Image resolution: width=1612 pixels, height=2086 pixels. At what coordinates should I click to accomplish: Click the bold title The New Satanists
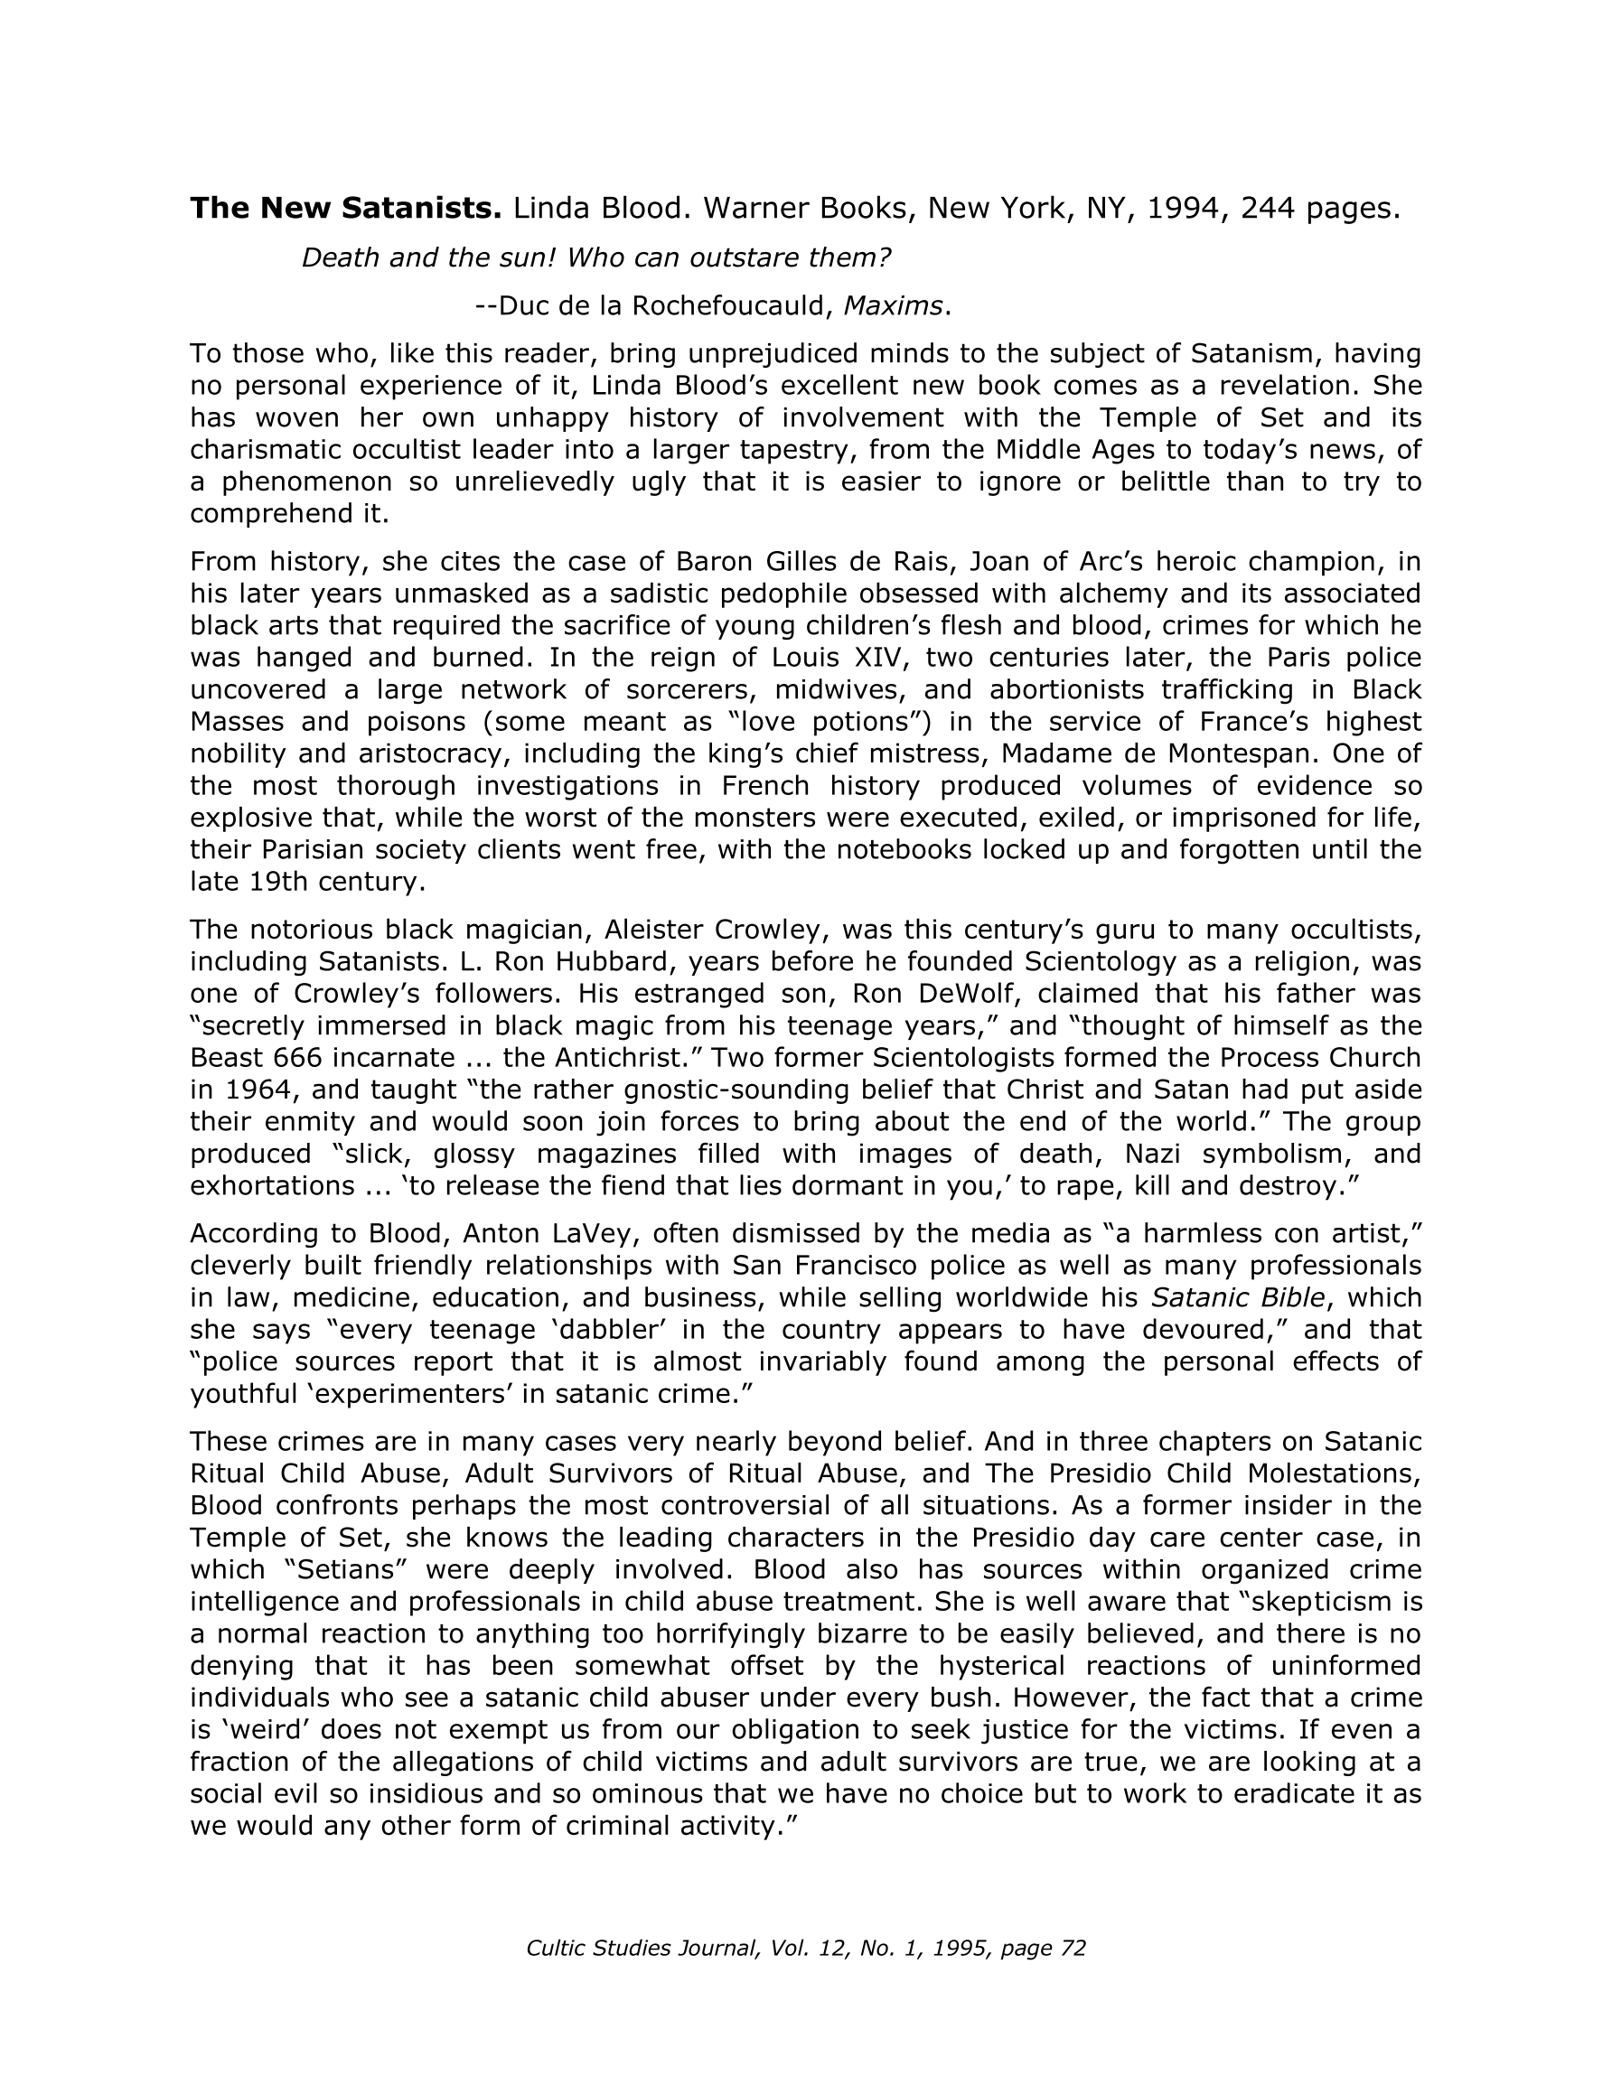[345, 208]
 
